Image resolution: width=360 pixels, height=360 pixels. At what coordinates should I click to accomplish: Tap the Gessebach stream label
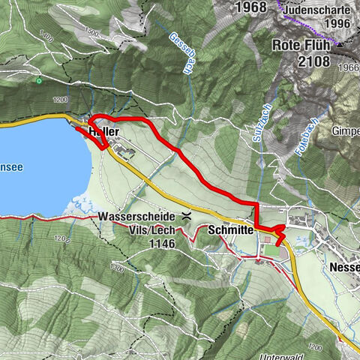pyautogui.click(x=179, y=52)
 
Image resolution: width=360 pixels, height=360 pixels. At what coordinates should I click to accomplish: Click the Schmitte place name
pyautogui.click(x=230, y=230)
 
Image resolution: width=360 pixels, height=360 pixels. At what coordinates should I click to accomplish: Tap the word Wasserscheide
pyautogui.click(x=136, y=217)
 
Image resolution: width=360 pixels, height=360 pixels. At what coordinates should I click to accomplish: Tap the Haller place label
pyautogui.click(x=104, y=130)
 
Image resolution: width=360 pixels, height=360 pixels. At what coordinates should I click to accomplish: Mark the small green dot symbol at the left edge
pyautogui.click(x=38, y=80)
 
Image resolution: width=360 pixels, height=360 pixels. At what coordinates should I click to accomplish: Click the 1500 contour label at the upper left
pyautogui.click(x=91, y=33)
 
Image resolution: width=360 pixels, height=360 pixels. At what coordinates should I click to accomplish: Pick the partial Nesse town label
pyautogui.click(x=344, y=267)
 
